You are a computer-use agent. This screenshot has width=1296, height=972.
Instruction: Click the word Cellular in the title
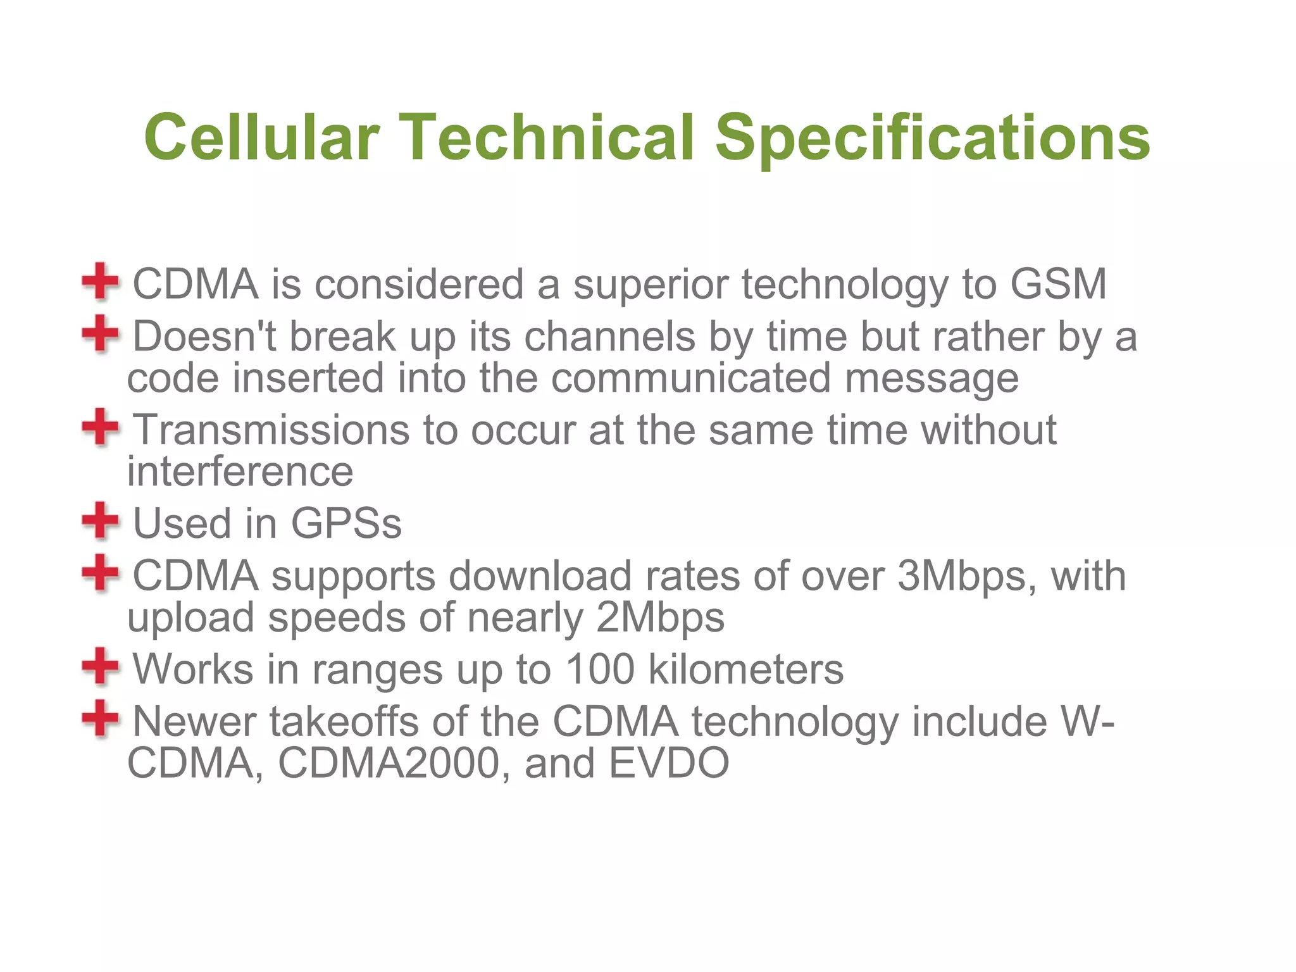(261, 137)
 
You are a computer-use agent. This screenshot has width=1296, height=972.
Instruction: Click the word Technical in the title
(547, 137)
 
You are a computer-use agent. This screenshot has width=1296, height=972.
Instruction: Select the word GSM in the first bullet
(1058, 284)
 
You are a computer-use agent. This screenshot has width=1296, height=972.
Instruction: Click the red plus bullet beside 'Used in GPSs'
(100, 521)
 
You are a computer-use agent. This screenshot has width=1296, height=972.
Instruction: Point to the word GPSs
(346, 524)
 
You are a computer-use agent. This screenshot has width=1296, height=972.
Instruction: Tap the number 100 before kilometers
(599, 670)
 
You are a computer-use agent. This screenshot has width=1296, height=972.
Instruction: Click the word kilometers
(746, 670)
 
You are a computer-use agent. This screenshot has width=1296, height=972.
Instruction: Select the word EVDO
(669, 763)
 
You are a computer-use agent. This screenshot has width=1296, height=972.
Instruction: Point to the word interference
(240, 472)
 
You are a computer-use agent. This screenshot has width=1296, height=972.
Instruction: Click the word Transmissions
(271, 430)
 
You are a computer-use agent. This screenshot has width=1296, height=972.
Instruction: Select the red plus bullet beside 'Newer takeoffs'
(100, 718)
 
